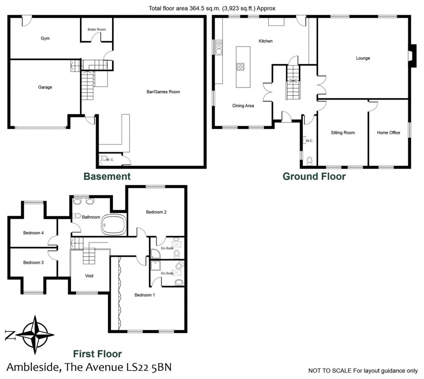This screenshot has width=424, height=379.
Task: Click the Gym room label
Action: pyautogui.click(x=45, y=38)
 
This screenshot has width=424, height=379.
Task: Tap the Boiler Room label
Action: pyautogui.click(x=96, y=29)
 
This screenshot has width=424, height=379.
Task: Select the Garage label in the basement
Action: pyautogui.click(x=45, y=87)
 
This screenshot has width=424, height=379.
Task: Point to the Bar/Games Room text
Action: pyautogui.click(x=163, y=92)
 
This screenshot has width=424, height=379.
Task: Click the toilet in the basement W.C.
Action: pyautogui.click(x=103, y=160)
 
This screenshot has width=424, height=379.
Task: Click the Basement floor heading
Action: pyautogui.click(x=107, y=176)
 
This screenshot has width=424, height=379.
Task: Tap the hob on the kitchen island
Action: pyautogui.click(x=240, y=67)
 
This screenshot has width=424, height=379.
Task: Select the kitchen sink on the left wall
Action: pyautogui.click(x=218, y=47)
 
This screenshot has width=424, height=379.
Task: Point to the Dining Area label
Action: pyautogui.click(x=243, y=106)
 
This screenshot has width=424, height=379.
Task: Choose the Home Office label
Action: pyautogui.click(x=388, y=133)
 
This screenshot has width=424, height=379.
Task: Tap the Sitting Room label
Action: pyautogui.click(x=343, y=133)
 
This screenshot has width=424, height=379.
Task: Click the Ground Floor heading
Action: pyautogui.click(x=314, y=176)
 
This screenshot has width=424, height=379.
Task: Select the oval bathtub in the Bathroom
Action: pyautogui.click(x=114, y=225)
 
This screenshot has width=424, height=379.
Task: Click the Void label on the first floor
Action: pyautogui.click(x=89, y=275)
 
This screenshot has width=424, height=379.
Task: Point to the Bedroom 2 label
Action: pyautogui.click(x=156, y=212)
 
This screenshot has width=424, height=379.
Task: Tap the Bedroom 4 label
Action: pyautogui.click(x=33, y=233)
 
